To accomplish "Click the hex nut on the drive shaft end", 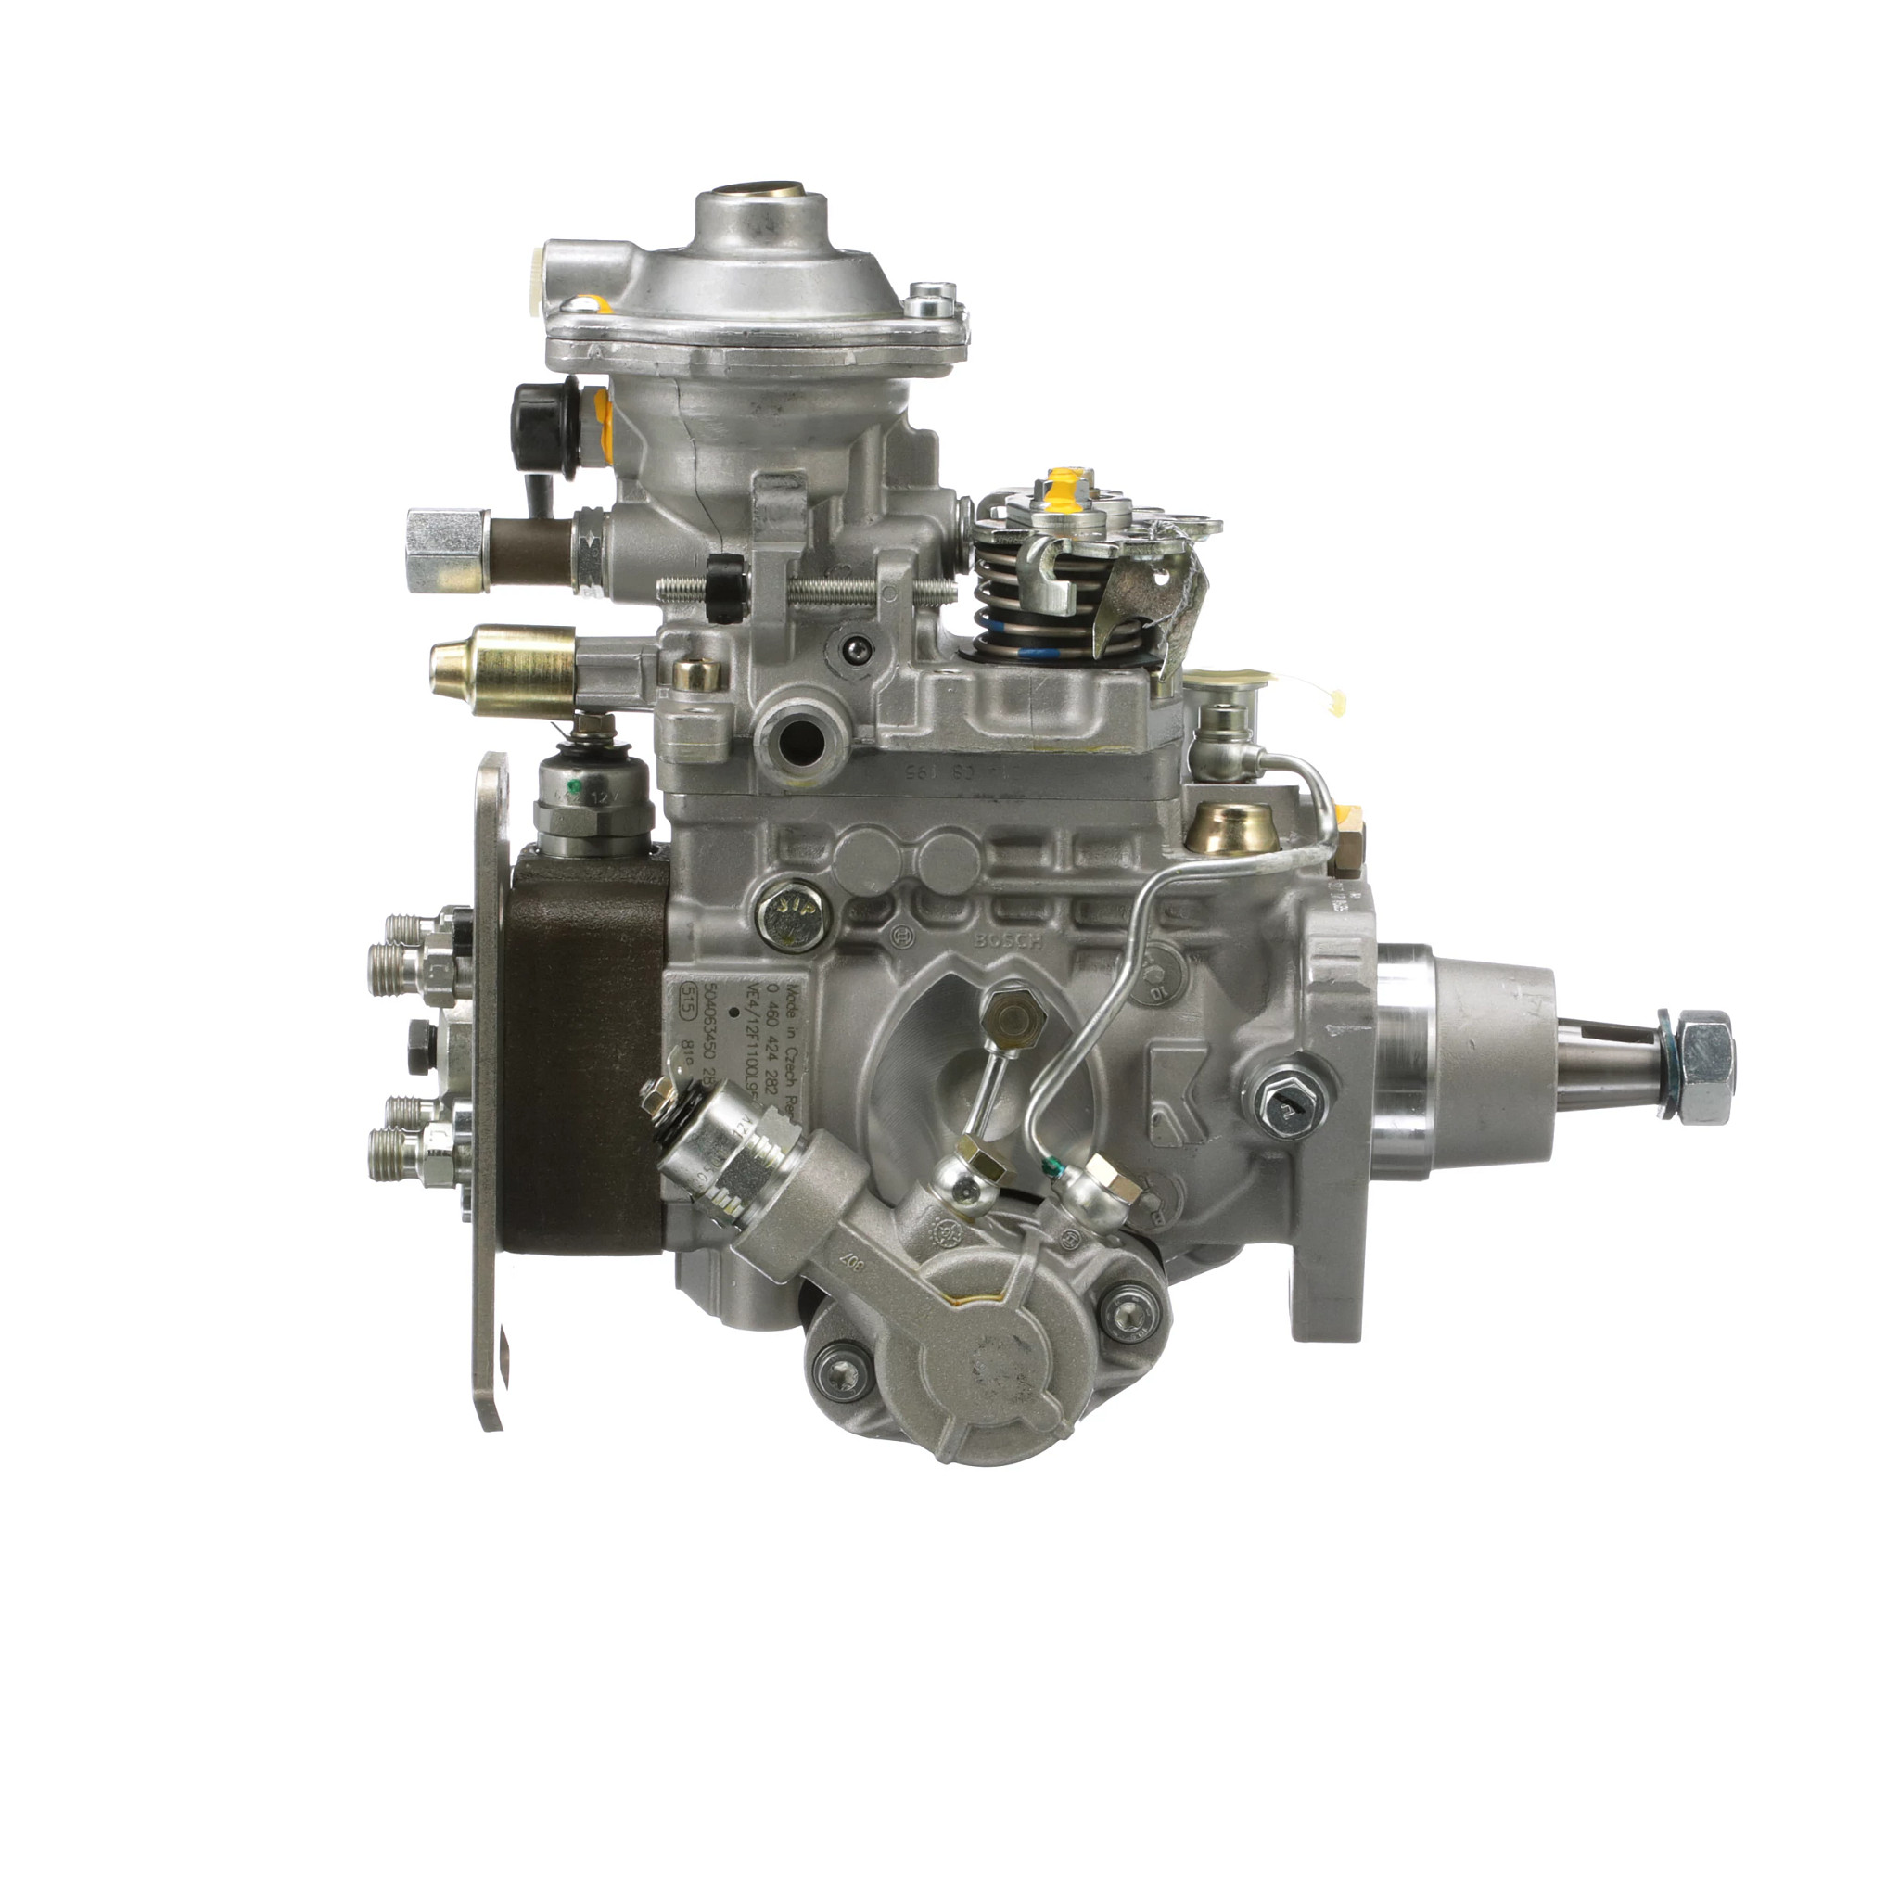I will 1705,1066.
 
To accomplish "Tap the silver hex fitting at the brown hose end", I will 447,551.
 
